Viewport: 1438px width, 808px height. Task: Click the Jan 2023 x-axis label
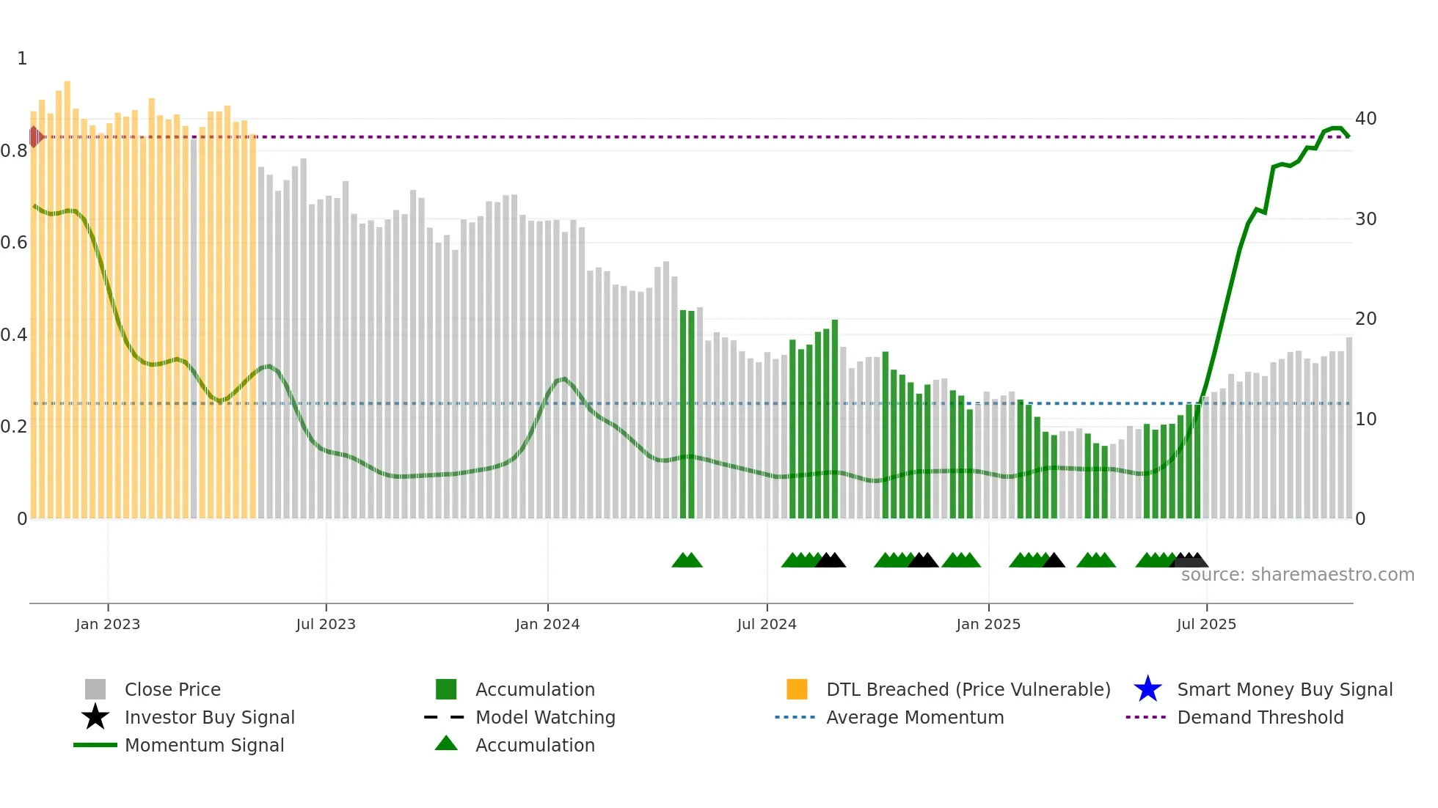tap(107, 624)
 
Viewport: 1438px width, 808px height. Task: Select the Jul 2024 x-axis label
tap(767, 624)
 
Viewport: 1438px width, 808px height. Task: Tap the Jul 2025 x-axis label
tap(1206, 624)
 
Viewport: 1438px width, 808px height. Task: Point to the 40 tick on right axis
tap(1365, 119)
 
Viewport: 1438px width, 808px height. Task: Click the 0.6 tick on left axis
tap(14, 243)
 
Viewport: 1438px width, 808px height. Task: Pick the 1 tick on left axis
tap(22, 59)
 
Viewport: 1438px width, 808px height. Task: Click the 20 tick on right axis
tap(1365, 319)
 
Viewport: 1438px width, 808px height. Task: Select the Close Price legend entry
tap(172, 689)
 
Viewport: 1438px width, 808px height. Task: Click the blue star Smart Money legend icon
tap(1147, 689)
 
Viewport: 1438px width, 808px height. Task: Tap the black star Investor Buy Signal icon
tap(95, 717)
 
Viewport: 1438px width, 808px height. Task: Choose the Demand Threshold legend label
tap(1260, 717)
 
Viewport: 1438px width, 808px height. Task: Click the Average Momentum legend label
tap(914, 717)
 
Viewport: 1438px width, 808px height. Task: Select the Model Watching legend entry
tap(544, 717)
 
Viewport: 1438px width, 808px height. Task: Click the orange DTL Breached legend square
tap(797, 689)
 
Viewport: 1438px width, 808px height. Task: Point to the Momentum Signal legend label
tap(204, 745)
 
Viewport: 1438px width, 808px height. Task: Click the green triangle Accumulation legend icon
tap(446, 743)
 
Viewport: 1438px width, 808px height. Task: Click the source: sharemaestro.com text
tap(1297, 575)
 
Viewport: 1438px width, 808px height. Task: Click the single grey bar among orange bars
tap(194, 330)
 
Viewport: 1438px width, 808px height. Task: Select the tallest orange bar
tap(67, 293)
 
